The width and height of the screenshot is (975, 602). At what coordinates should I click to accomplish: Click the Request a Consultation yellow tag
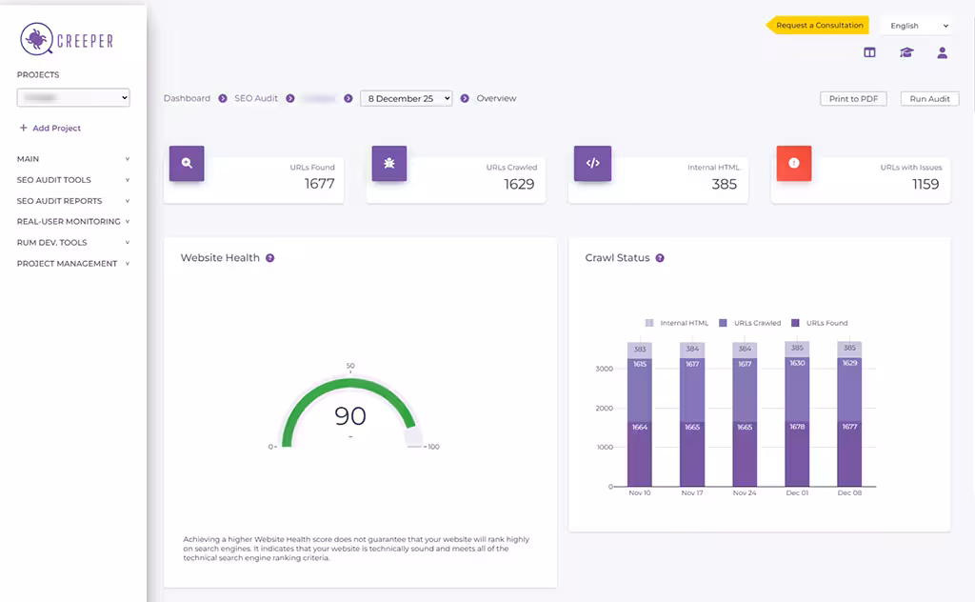[x=818, y=26]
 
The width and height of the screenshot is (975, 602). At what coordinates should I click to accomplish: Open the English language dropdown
[x=917, y=26]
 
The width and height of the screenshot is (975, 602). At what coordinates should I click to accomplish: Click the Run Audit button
[x=930, y=99]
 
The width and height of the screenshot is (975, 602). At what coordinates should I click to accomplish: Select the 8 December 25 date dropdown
[x=406, y=98]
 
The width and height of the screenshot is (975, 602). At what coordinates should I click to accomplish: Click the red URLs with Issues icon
[x=793, y=163]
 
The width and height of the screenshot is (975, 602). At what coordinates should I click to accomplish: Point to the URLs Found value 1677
[x=320, y=184]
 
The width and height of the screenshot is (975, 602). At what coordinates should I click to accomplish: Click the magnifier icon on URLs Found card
[x=187, y=163]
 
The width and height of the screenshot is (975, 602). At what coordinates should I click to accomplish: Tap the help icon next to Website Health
[x=270, y=258]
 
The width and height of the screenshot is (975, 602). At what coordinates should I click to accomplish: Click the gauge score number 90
[x=349, y=416]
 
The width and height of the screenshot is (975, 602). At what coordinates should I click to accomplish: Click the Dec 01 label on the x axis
[x=797, y=493]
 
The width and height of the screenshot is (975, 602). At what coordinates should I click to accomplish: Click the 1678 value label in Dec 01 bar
[x=797, y=427]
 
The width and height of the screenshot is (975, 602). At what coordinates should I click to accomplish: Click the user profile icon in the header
[x=942, y=53]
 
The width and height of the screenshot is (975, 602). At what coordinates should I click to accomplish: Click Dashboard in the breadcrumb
[x=187, y=98]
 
